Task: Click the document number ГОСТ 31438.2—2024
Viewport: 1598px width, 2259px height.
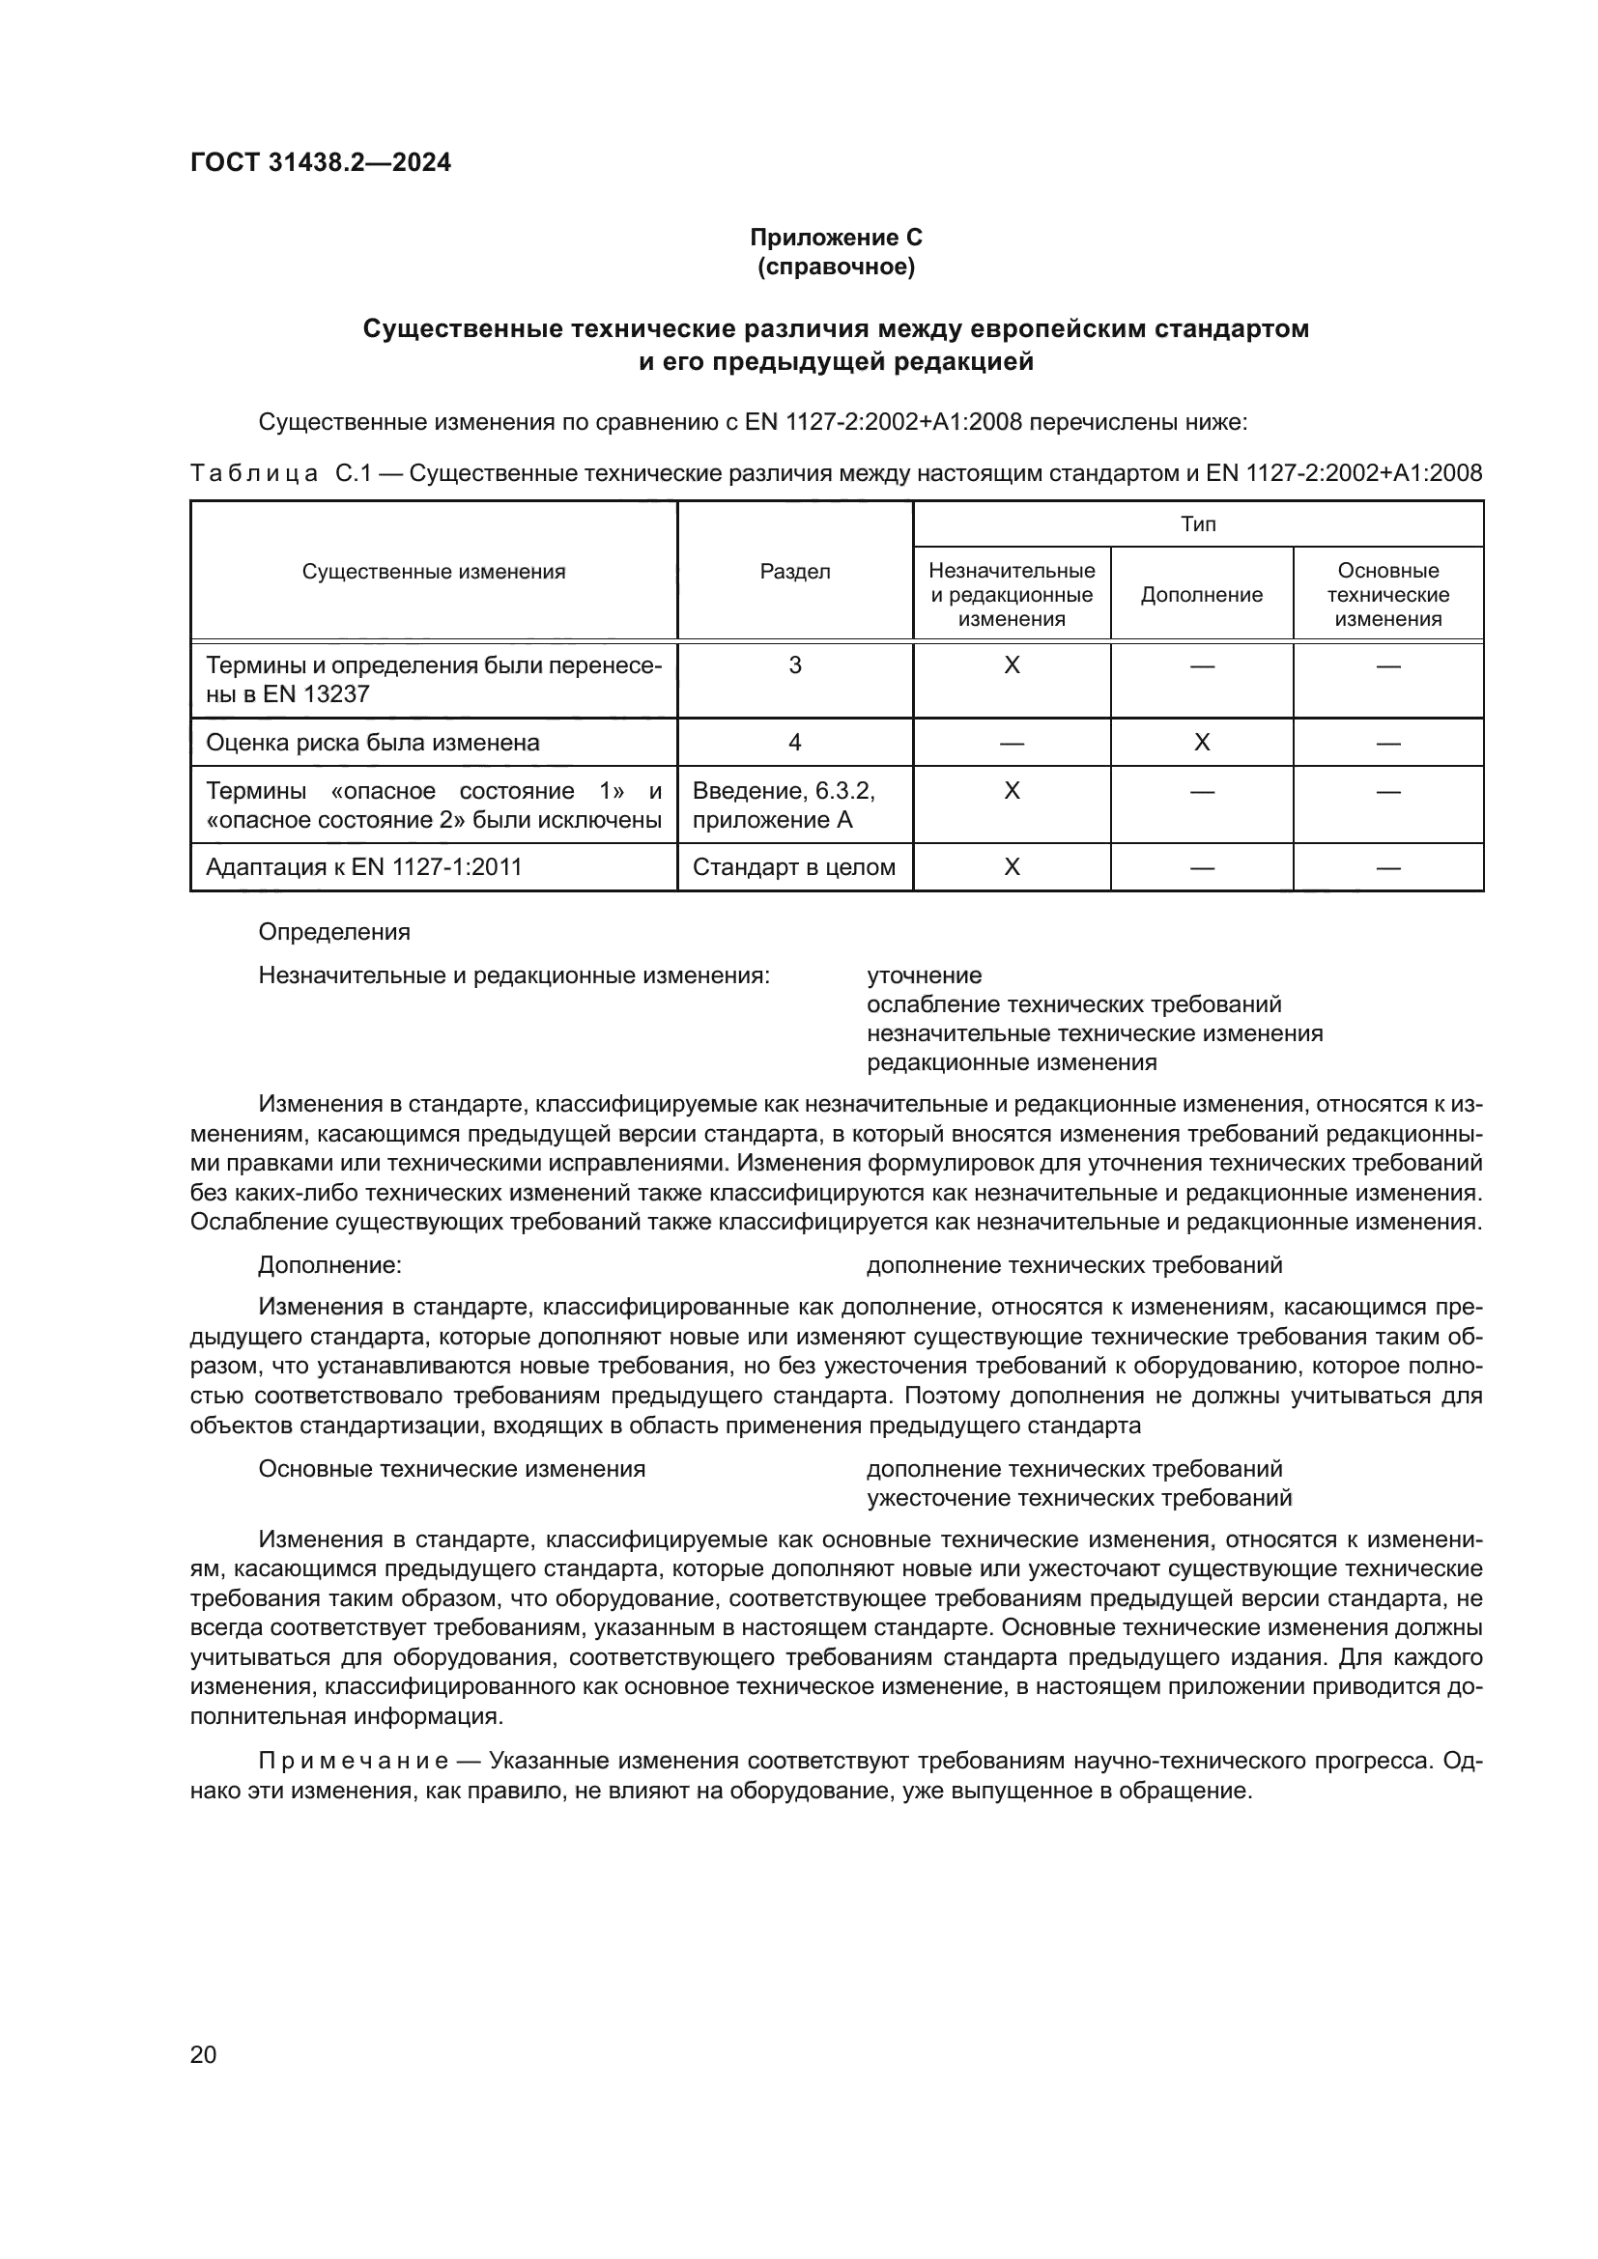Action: pos(321,163)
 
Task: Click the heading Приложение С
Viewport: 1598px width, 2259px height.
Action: pos(836,238)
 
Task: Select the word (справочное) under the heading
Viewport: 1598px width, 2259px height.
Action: pos(836,267)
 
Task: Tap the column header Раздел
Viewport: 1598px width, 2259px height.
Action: pos(794,572)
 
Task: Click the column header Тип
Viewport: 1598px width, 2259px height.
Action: pos(1197,523)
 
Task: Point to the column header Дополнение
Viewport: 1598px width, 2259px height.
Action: pos(1201,595)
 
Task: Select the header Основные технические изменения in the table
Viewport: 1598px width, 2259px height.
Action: pos(1387,594)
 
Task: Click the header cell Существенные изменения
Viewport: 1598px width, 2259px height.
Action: pos(433,572)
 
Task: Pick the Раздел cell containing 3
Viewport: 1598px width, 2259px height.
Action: pos(794,666)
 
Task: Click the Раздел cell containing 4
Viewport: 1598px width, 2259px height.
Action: pos(794,743)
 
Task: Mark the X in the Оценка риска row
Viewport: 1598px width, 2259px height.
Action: pos(1201,743)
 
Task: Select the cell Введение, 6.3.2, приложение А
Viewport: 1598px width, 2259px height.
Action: pos(785,805)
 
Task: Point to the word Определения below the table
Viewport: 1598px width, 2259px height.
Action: pos(333,932)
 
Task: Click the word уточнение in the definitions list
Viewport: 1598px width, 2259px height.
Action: pos(923,976)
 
